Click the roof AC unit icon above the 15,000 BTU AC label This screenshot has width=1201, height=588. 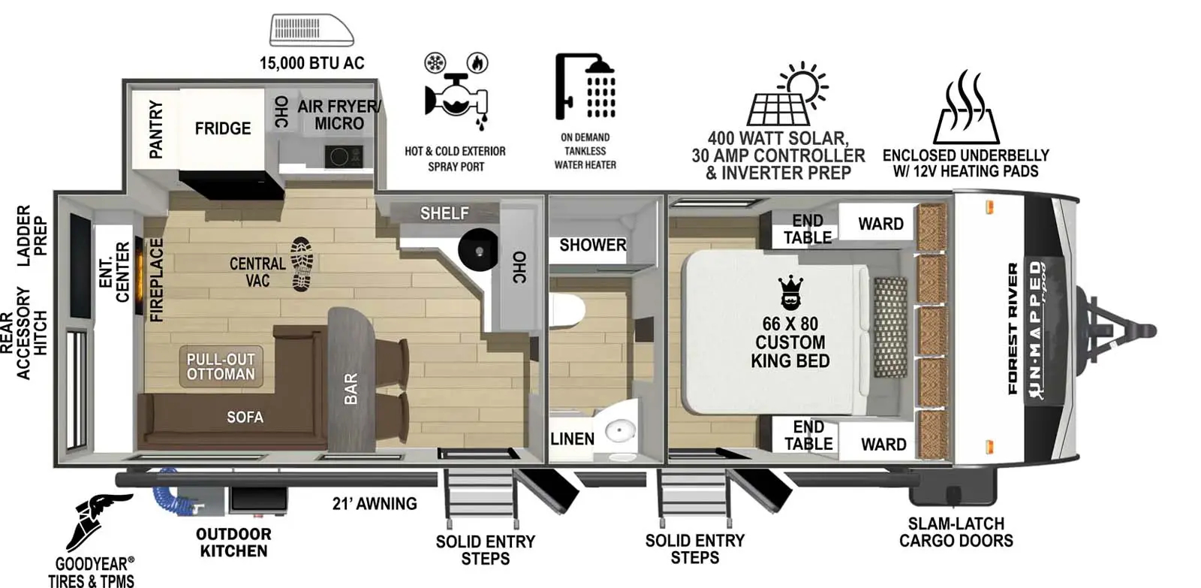[x=312, y=31]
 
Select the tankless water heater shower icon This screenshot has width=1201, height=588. [x=585, y=86]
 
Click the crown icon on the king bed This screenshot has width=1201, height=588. [x=790, y=294]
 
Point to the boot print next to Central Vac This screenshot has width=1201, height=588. [x=303, y=264]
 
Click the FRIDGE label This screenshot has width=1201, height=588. [x=223, y=128]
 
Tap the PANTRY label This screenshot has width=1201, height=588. [x=155, y=129]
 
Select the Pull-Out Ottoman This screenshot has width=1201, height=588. [x=221, y=366]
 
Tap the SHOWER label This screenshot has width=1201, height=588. [x=592, y=245]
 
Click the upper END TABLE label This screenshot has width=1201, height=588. [x=808, y=229]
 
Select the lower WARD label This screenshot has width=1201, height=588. [x=883, y=445]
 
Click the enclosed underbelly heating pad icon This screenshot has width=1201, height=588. [x=965, y=109]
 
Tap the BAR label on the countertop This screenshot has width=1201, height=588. [x=351, y=389]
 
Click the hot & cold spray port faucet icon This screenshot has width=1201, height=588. [x=456, y=94]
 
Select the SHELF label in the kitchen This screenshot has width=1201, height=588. [x=444, y=213]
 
